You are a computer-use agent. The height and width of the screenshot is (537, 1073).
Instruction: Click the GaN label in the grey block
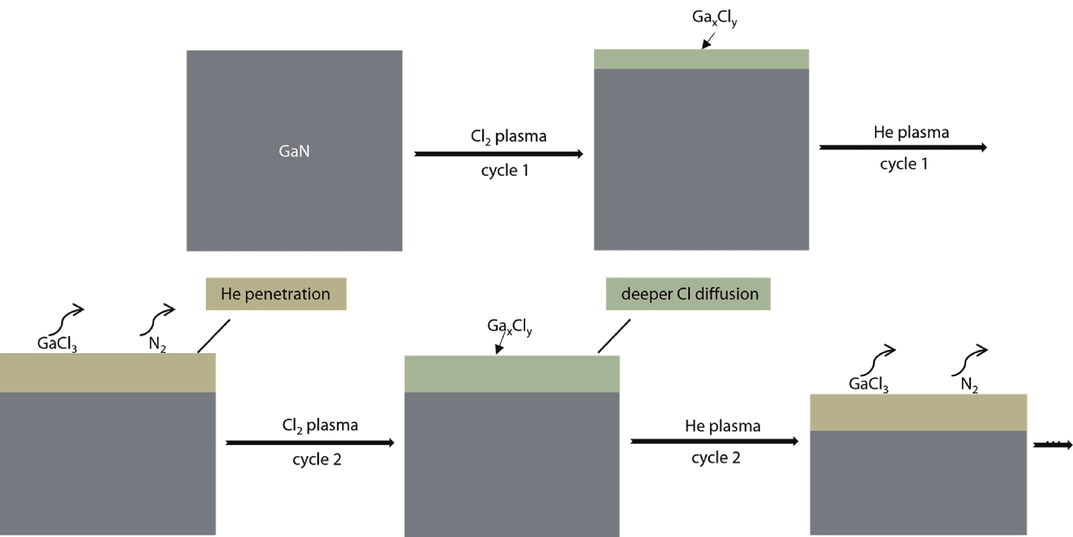(x=294, y=151)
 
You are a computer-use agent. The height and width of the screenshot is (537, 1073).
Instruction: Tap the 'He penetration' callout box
(x=276, y=294)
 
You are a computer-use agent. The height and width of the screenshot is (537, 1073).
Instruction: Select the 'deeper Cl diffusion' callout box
(x=688, y=294)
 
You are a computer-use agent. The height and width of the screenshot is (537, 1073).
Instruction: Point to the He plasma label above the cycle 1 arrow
(x=911, y=132)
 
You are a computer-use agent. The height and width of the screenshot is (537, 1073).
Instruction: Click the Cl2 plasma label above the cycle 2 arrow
(x=320, y=425)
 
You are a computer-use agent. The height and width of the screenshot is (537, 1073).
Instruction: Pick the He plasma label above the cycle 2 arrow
(x=723, y=426)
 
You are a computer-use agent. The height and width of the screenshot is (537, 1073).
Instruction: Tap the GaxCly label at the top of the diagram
(x=714, y=18)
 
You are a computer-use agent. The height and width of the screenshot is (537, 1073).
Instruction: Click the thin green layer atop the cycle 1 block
(x=702, y=59)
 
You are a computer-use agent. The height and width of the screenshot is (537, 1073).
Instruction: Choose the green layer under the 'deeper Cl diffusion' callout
(x=512, y=374)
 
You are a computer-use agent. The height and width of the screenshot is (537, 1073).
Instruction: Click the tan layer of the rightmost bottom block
(x=918, y=412)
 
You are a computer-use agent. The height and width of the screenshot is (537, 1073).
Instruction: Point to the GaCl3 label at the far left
(x=57, y=344)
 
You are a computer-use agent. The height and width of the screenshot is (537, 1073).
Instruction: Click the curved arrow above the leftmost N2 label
(x=157, y=318)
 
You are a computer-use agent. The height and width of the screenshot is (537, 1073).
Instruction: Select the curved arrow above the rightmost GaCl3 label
(x=878, y=360)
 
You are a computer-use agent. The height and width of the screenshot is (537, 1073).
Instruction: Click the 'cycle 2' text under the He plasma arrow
(x=716, y=458)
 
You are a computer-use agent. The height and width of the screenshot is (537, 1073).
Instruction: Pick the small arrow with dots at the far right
(x=1053, y=445)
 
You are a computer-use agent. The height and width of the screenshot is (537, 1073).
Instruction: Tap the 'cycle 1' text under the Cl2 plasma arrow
(x=505, y=170)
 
